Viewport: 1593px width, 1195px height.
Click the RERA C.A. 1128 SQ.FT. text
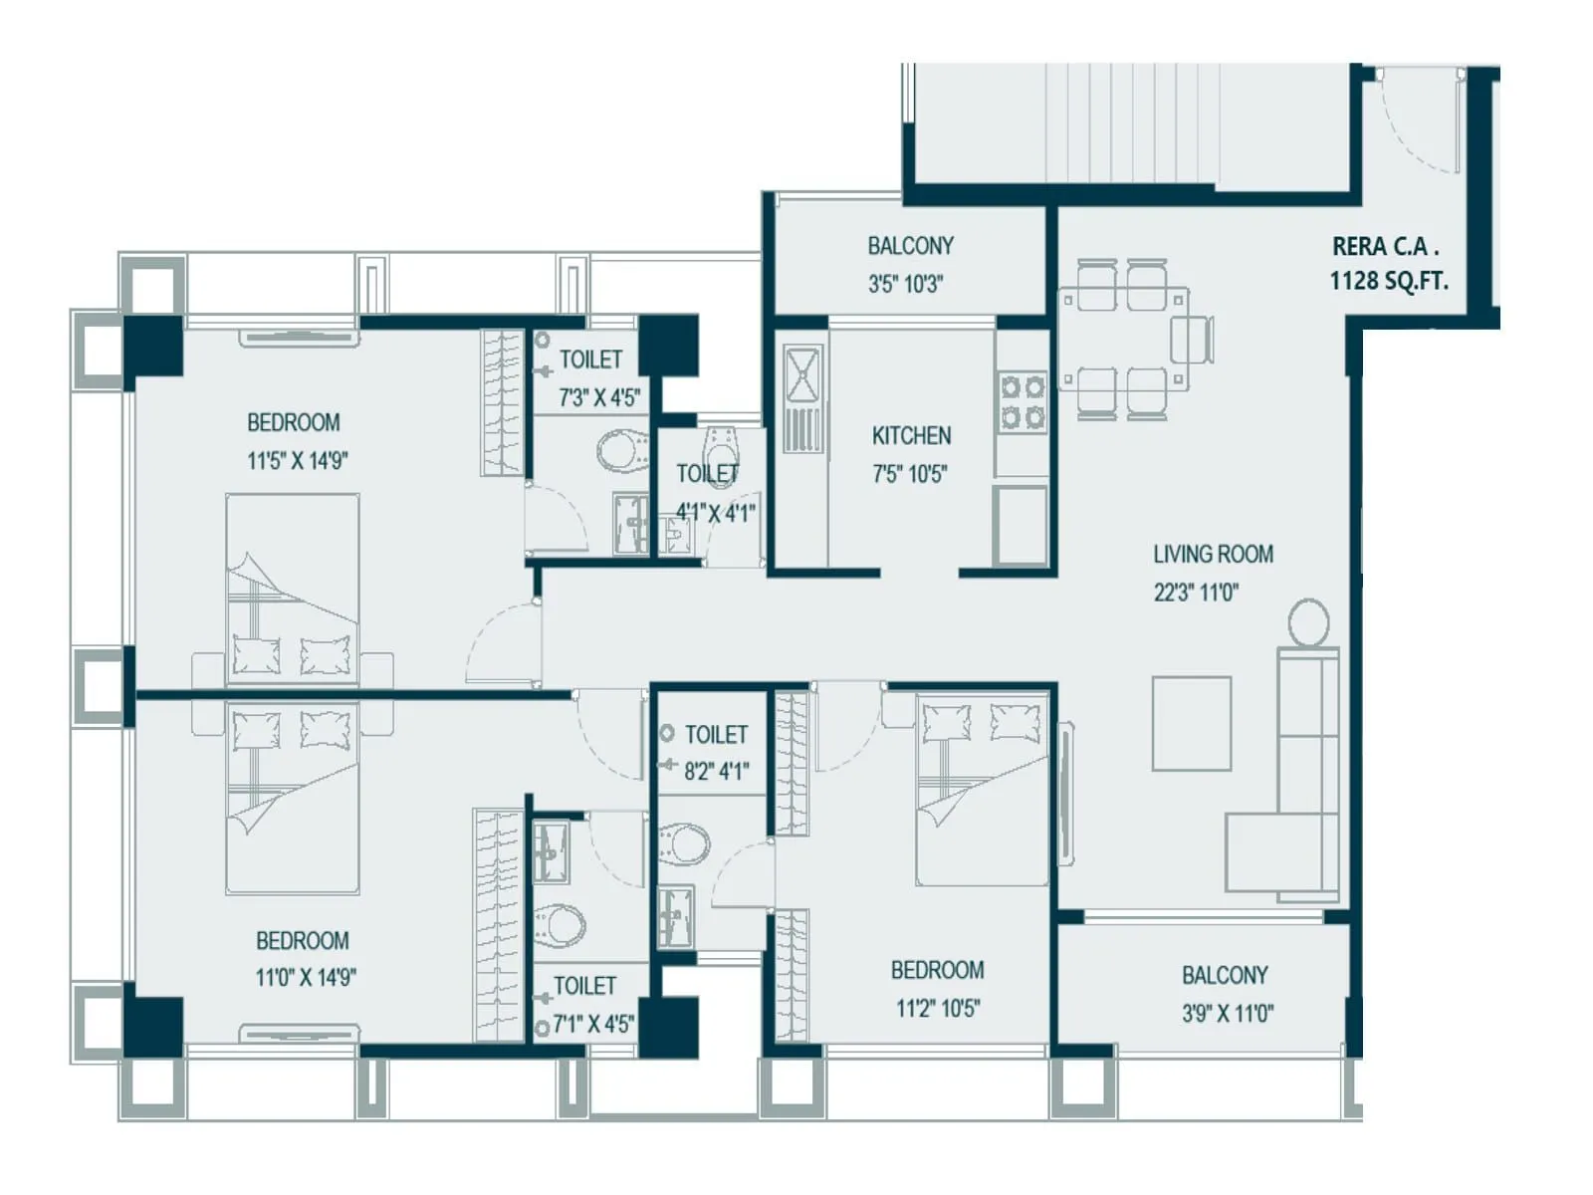click(x=1388, y=264)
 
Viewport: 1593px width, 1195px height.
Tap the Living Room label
click(x=1213, y=555)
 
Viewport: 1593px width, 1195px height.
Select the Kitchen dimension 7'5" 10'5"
click(x=909, y=475)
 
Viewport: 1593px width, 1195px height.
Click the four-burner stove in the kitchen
click(x=1023, y=401)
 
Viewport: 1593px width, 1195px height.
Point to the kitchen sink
click(x=801, y=373)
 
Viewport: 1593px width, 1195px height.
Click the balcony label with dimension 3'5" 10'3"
click(x=909, y=246)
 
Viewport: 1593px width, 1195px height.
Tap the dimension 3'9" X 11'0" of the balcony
click(x=1227, y=1014)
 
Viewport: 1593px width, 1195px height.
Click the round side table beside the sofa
click(x=1308, y=622)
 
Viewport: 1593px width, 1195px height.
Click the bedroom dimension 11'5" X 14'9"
click(x=297, y=461)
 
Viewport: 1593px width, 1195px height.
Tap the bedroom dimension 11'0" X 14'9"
click(x=305, y=978)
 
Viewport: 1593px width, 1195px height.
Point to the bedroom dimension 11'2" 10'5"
click(x=937, y=1009)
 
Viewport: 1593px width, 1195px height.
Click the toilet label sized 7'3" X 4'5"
click(x=590, y=359)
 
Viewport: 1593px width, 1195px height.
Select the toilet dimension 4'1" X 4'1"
click(x=715, y=513)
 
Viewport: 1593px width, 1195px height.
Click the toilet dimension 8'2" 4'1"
click(x=716, y=771)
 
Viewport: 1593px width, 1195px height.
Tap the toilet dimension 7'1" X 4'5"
click(x=593, y=1024)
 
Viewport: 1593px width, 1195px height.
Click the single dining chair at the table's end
click(x=1192, y=340)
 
